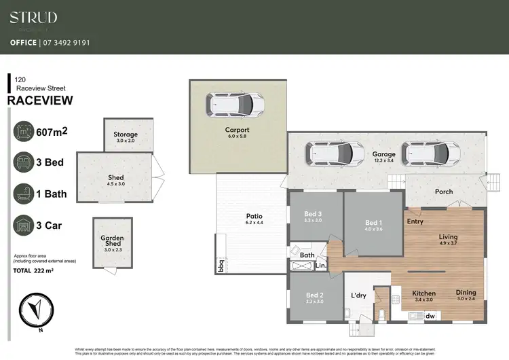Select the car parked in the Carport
(236, 105)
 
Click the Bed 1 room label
(373, 223)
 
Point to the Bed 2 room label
(314, 295)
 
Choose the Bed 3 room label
(314, 214)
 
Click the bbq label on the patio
(221, 266)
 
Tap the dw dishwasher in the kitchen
(430, 316)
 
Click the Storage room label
(126, 135)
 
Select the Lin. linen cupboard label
(320, 266)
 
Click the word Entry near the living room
(415, 221)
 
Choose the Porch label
(444, 192)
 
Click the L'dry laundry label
(358, 295)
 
